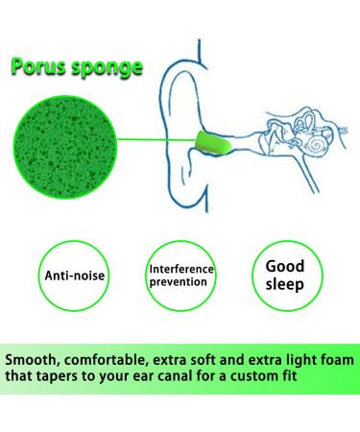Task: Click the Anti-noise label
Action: pos(77,276)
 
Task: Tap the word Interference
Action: pos(180,268)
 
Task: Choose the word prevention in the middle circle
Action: pos(180,282)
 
